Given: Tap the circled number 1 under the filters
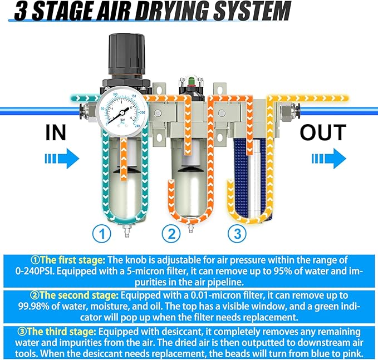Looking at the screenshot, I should pos(101,234).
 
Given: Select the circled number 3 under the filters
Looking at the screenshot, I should pos(238,234).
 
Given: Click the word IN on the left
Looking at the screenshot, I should pos(56,134).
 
